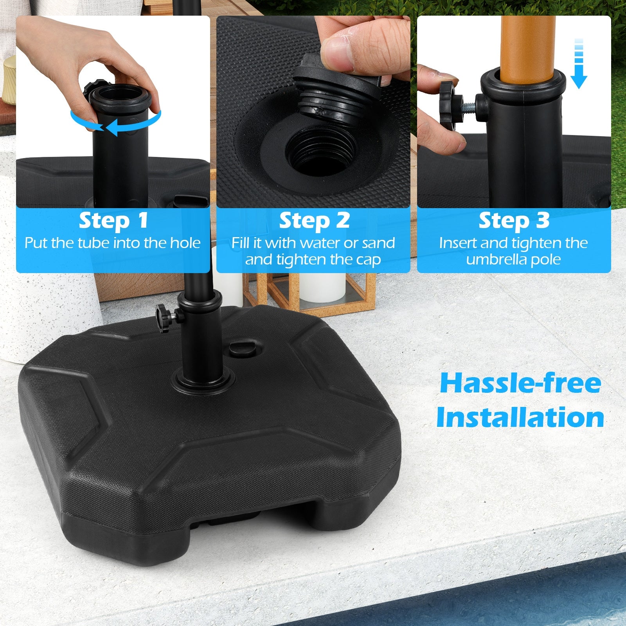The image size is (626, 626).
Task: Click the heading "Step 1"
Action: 113,220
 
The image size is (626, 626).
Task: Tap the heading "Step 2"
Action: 314,220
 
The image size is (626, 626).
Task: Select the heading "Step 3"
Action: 514,220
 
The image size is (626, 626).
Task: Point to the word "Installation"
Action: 520,417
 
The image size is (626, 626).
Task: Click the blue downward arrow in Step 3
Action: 579,63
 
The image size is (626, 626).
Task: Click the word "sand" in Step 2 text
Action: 378,243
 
